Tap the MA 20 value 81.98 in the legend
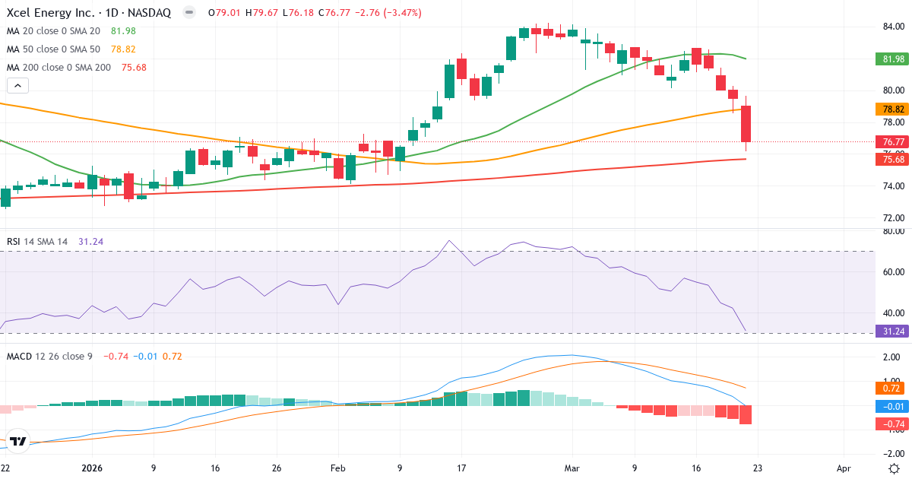[x=124, y=30]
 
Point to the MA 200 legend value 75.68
[x=133, y=67]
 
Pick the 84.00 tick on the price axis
[x=892, y=27]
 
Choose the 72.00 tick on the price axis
[x=892, y=217]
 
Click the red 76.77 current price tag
[x=892, y=141]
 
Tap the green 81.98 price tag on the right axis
[x=892, y=59]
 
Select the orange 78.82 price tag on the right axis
[x=892, y=109]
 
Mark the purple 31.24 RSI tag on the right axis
[x=892, y=331]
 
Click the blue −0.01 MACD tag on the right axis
[x=892, y=406]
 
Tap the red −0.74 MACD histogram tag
[x=892, y=423]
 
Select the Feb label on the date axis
[x=337, y=468]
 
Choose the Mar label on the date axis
[x=572, y=468]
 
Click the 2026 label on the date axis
[x=92, y=468]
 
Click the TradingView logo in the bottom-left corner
[x=18, y=441]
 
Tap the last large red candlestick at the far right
[x=746, y=124]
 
